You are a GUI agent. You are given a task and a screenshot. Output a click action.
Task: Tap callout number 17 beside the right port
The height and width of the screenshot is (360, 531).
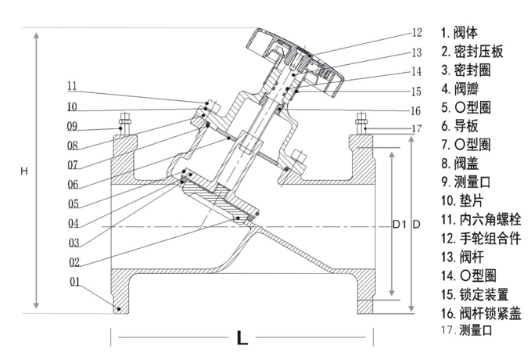(x=416, y=128)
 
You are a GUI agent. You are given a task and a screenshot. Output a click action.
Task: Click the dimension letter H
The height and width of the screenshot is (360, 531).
(x=24, y=171)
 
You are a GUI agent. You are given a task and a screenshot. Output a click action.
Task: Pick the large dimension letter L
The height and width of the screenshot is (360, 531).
(x=242, y=338)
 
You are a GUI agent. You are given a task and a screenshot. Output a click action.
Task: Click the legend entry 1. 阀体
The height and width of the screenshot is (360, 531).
(x=461, y=34)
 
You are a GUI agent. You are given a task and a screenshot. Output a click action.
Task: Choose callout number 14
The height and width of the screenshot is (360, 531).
(x=416, y=71)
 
